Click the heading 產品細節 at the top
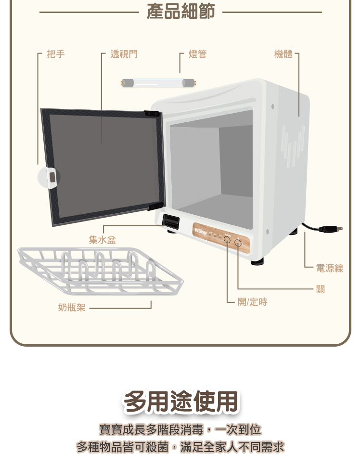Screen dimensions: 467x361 point(180,12)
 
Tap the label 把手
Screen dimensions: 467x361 point(56,54)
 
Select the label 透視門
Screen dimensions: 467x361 point(124,54)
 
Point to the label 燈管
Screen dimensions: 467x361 point(197,54)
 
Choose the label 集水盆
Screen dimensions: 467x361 point(102,240)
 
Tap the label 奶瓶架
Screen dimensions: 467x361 point(72,307)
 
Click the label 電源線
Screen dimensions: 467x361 point(330,268)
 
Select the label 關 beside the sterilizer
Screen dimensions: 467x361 point(321,289)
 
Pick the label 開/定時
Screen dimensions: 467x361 point(252,302)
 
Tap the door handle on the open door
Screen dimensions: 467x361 point(52,177)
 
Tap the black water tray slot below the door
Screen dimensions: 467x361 point(171,221)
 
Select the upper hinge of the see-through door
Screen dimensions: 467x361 point(152,114)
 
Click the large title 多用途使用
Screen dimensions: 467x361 point(180,402)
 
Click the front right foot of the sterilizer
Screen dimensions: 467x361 point(258,261)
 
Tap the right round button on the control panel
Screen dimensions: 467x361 point(238,243)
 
